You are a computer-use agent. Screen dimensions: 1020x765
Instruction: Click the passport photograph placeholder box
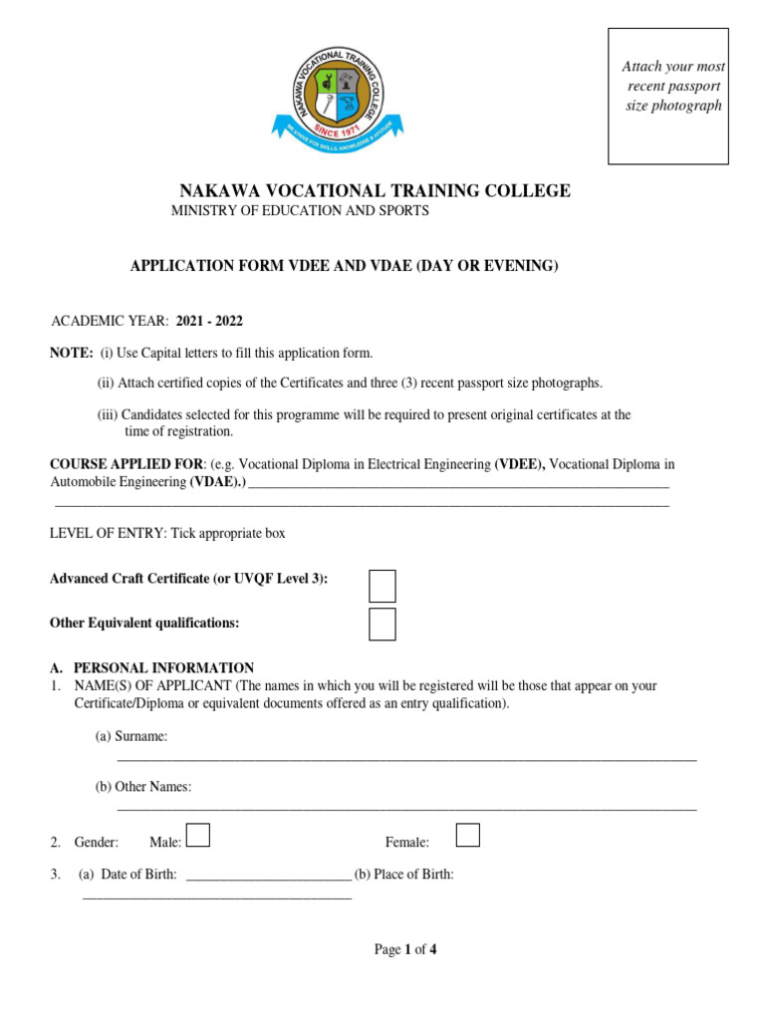pyautogui.click(x=667, y=97)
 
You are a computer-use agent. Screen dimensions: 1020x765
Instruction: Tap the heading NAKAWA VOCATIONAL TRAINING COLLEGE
pyautogui.click(x=375, y=191)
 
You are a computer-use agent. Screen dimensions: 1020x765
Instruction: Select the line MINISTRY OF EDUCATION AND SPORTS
pyautogui.click(x=300, y=211)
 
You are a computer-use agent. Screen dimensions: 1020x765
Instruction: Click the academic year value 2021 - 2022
pyautogui.click(x=209, y=321)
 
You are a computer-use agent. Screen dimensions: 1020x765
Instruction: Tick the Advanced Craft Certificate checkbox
pyautogui.click(x=382, y=586)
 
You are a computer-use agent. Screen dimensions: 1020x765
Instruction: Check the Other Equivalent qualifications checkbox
pyautogui.click(x=382, y=624)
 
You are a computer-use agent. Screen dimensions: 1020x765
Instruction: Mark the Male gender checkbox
pyautogui.click(x=198, y=835)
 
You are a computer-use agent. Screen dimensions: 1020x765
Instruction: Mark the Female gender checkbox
pyautogui.click(x=467, y=835)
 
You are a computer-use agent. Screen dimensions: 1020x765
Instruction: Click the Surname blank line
pyautogui.click(x=406, y=759)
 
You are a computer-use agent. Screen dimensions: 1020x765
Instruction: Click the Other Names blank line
pyautogui.click(x=406, y=809)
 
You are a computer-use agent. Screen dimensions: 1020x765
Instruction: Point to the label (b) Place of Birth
pyautogui.click(x=403, y=875)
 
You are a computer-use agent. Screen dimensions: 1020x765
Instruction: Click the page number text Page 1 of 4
pyautogui.click(x=404, y=949)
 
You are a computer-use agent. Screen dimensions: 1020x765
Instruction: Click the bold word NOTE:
pyautogui.click(x=72, y=354)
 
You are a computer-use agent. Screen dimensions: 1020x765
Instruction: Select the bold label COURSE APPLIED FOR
pyautogui.click(x=127, y=464)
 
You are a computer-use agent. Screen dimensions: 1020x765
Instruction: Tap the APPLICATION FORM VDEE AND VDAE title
pyautogui.click(x=345, y=266)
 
